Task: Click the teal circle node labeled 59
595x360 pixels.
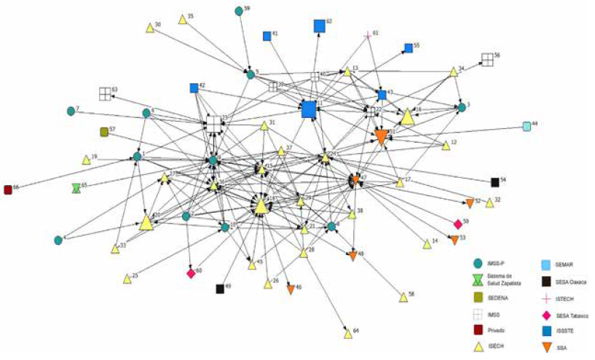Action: [x=239, y=11]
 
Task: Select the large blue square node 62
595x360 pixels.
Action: [x=319, y=26]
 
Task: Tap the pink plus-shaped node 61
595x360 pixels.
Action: [x=368, y=35]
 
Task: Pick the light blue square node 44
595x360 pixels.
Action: [x=527, y=126]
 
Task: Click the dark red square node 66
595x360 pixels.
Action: [x=8, y=189]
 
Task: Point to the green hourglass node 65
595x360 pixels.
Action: [x=76, y=187]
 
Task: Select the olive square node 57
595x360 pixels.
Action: [x=104, y=132]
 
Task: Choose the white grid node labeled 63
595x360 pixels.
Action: [x=105, y=93]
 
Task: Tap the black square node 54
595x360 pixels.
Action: [x=494, y=181]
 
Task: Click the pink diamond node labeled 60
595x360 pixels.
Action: [x=191, y=273]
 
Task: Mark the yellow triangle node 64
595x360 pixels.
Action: [x=348, y=334]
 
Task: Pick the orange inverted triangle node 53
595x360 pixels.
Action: [x=454, y=240]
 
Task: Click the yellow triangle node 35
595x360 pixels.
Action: [x=181, y=17]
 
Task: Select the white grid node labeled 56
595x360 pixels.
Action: [x=486, y=59]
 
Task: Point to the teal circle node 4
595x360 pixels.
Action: [x=58, y=240]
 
